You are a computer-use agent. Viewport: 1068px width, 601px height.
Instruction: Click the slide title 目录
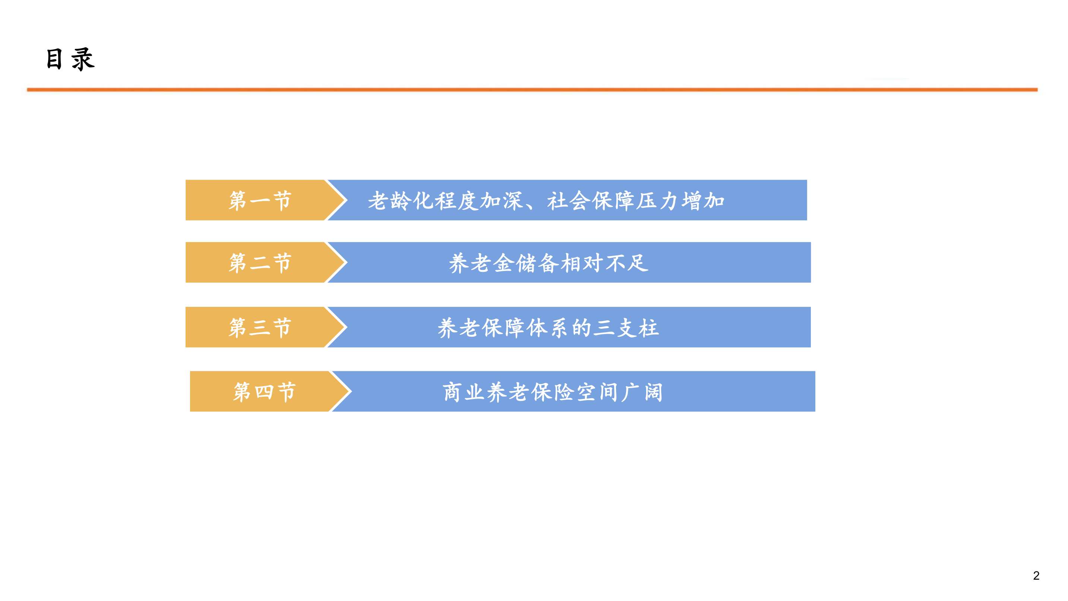[x=70, y=59]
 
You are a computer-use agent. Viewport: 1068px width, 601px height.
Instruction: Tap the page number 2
[x=1036, y=575]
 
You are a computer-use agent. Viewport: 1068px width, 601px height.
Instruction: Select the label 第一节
[x=260, y=201]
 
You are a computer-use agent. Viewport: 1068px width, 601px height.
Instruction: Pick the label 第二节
[x=260, y=263]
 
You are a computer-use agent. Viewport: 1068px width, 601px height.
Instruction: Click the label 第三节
[x=260, y=328]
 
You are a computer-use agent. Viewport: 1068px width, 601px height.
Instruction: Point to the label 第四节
[x=265, y=392]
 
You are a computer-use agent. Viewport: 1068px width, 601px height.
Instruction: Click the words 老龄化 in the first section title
[x=401, y=201]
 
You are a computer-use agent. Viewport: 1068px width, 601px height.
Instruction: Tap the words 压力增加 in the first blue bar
[x=680, y=201]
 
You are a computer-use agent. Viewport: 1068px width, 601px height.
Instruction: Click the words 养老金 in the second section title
[x=481, y=263]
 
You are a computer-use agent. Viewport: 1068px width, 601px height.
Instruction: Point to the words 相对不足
[x=604, y=263]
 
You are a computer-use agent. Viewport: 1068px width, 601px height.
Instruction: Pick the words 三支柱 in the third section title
[x=626, y=328]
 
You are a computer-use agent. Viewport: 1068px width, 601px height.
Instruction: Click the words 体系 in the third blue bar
[x=548, y=328]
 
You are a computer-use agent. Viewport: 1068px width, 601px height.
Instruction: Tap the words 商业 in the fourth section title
[x=464, y=392]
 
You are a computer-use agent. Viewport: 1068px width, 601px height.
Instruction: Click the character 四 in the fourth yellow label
[x=264, y=392]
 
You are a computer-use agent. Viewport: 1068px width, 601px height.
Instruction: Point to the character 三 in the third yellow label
[x=260, y=328]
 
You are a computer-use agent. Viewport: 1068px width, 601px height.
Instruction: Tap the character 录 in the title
[x=83, y=59]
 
